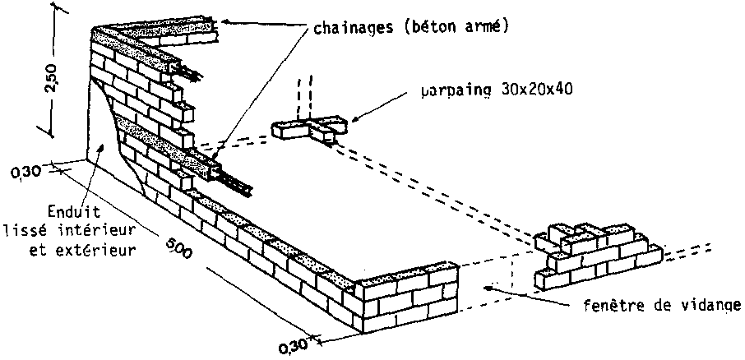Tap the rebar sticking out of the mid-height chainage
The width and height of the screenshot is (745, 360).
[x=235, y=183]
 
